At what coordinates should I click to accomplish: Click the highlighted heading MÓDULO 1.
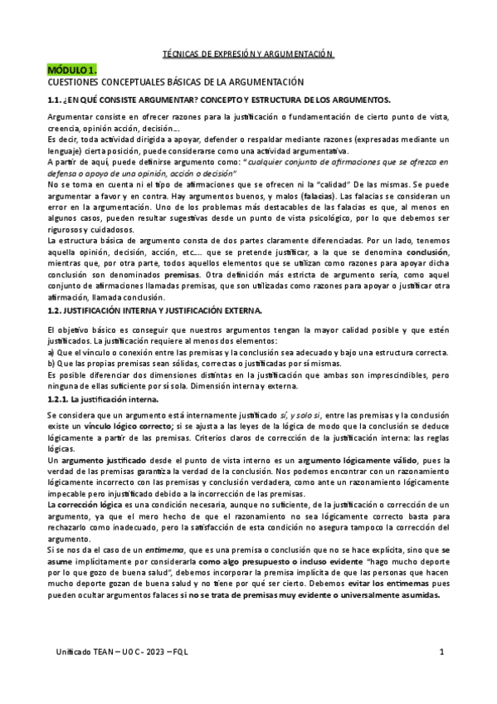coord(72,71)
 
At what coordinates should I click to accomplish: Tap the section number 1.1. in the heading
coord(57,99)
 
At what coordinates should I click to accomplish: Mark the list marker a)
coord(52,352)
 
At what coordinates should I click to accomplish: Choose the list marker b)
coord(52,363)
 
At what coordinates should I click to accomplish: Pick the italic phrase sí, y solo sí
coord(301,413)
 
